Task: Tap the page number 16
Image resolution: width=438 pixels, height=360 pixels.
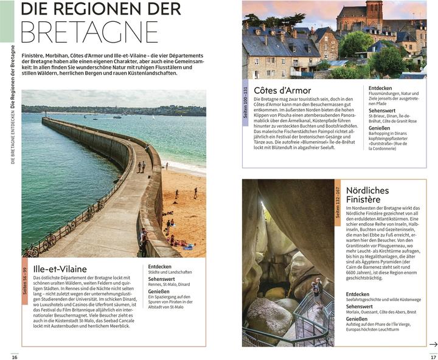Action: [x=13, y=356]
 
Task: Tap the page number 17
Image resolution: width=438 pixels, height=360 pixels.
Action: [x=425, y=356]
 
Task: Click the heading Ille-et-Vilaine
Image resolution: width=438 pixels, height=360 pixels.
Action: [x=60, y=269]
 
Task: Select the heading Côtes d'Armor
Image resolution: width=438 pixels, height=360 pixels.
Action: [x=282, y=91]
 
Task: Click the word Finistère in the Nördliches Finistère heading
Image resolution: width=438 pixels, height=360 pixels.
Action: [x=363, y=199]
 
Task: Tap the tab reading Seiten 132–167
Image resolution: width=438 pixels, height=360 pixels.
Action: [x=338, y=200]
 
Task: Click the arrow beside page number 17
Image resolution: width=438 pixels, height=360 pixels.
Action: [x=433, y=344]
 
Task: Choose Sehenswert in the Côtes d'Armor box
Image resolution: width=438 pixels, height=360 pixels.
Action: [x=382, y=110]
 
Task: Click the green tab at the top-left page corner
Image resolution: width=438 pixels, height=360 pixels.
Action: [x=6, y=18]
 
